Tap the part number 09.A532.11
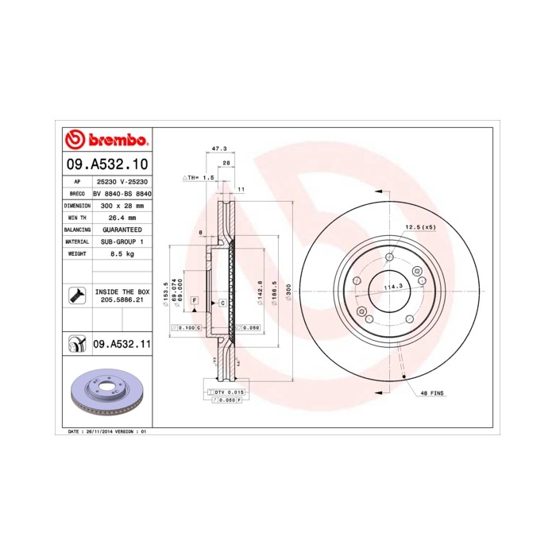point(122,344)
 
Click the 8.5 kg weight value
point(121,253)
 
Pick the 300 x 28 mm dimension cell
point(121,205)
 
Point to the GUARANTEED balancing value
point(122,229)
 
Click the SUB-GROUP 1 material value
point(122,241)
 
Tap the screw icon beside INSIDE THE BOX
point(77,295)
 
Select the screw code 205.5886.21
point(122,301)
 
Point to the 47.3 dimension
point(219,149)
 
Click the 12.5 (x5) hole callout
point(420,227)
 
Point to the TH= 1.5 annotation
point(201,178)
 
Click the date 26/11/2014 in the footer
point(98,431)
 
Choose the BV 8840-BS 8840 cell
point(122,193)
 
